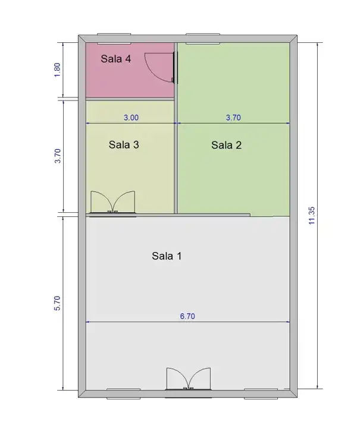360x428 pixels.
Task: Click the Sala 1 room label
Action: tap(167, 256)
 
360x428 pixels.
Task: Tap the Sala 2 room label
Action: tap(226, 145)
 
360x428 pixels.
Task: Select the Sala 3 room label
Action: tap(124, 144)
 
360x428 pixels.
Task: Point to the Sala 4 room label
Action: tap(116, 58)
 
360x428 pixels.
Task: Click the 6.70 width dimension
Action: tap(187, 316)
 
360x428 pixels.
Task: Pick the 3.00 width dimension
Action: tap(131, 118)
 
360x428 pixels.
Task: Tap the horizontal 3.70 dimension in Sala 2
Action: tap(233, 118)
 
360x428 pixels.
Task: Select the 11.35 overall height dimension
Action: tap(312, 216)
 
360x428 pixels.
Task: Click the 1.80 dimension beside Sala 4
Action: tap(57, 70)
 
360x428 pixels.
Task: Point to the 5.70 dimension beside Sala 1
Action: tap(57, 303)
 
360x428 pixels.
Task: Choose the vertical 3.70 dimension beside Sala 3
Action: tap(57, 156)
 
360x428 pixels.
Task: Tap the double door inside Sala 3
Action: tap(113, 202)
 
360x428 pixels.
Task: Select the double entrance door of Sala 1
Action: tap(189, 379)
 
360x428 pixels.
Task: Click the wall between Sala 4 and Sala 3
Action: tap(130, 99)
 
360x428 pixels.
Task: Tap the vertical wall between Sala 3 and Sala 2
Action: tap(176, 128)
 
